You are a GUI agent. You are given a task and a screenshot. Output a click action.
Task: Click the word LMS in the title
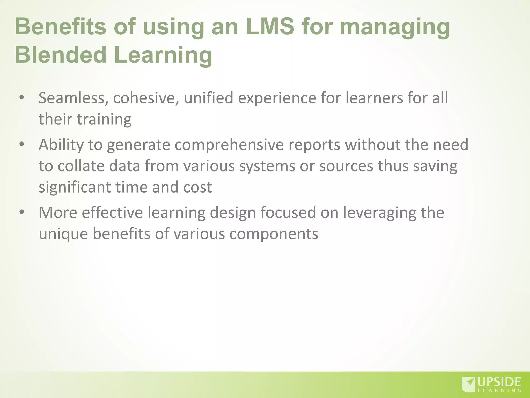point(270,27)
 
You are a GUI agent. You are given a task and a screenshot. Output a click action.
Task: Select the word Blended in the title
point(61,55)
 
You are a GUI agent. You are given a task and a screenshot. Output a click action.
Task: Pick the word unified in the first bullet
point(209,98)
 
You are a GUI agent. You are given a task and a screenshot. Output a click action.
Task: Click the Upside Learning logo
point(491,384)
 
